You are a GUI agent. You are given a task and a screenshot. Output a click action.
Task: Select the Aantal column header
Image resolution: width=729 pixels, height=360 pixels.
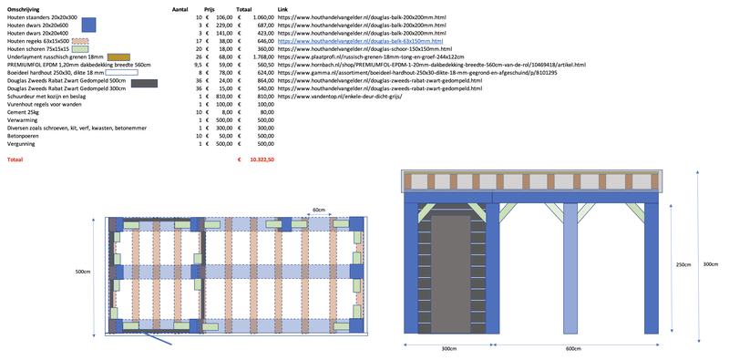click(180, 7)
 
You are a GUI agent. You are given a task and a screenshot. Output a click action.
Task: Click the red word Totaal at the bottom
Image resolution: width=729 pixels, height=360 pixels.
click(15, 159)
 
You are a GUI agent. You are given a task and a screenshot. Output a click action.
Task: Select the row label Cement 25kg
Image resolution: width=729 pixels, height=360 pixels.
click(24, 112)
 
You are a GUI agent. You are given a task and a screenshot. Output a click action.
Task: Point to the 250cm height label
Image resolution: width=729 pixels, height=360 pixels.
click(684, 265)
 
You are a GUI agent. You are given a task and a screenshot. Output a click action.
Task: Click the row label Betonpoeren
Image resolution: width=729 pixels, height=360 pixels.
click(25, 136)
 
